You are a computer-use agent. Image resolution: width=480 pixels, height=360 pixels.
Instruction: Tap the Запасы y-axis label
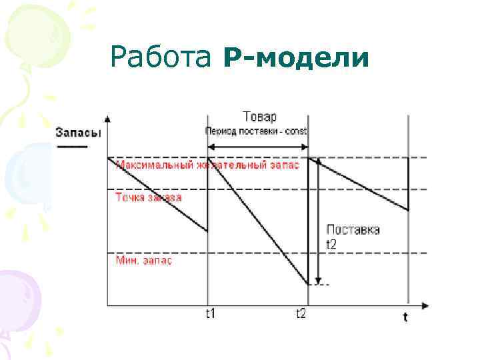tap(79, 132)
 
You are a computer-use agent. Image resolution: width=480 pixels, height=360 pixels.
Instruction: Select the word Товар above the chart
tap(259, 115)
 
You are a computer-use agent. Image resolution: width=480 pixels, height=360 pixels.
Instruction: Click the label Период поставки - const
tap(256, 131)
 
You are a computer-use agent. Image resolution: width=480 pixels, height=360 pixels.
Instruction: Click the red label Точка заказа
tap(148, 197)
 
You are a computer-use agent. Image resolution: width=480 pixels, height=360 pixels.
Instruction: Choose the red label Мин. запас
tap(144, 261)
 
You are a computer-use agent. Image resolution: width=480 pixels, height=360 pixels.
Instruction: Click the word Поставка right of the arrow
tap(353, 230)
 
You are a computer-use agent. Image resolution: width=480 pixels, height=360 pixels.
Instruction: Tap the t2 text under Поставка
tap(332, 244)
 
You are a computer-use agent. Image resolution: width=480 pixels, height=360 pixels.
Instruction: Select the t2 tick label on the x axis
tap(301, 313)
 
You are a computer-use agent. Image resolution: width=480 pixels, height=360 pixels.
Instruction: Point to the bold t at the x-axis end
tap(405, 317)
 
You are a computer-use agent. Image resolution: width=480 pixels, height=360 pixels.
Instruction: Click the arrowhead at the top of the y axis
tap(108, 119)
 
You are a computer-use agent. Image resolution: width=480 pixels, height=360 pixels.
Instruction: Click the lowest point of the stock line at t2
tap(308, 285)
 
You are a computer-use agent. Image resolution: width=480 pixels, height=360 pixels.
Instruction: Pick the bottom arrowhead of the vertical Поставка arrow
tap(319, 281)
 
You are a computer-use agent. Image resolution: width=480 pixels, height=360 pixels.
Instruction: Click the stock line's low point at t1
tap(208, 231)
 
